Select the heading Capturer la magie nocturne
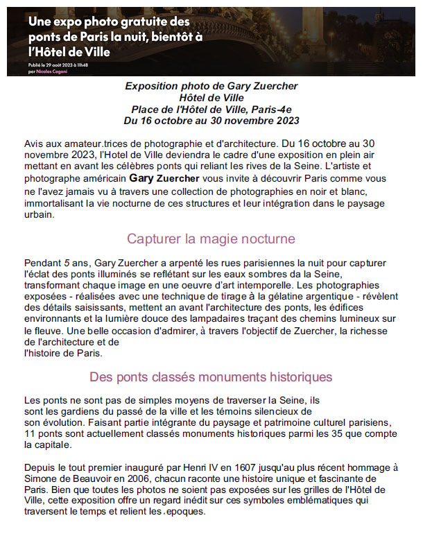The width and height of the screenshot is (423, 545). click(211, 239)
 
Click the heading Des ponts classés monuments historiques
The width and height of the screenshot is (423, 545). click(211, 377)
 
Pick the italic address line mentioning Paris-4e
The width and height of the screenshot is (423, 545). click(211, 110)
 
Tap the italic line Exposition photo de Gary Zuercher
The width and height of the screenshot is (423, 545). click(211, 86)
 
